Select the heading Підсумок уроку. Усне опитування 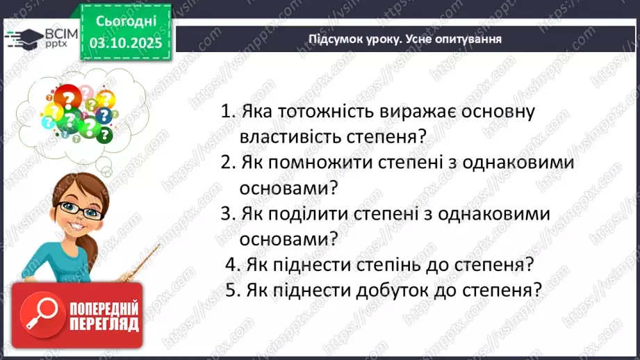coord(405,39)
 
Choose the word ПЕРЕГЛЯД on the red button coord(104,325)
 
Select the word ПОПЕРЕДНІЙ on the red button coord(104,308)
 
